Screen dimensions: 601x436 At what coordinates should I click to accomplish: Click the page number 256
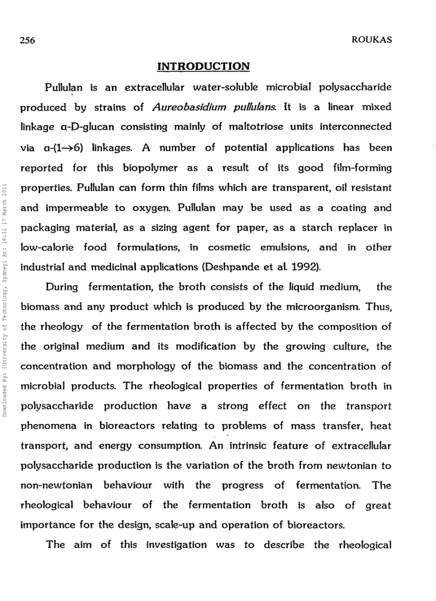[27, 41]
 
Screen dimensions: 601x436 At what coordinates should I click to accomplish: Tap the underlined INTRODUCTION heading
[203, 67]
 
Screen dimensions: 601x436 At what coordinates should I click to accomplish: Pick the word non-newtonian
[56, 485]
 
